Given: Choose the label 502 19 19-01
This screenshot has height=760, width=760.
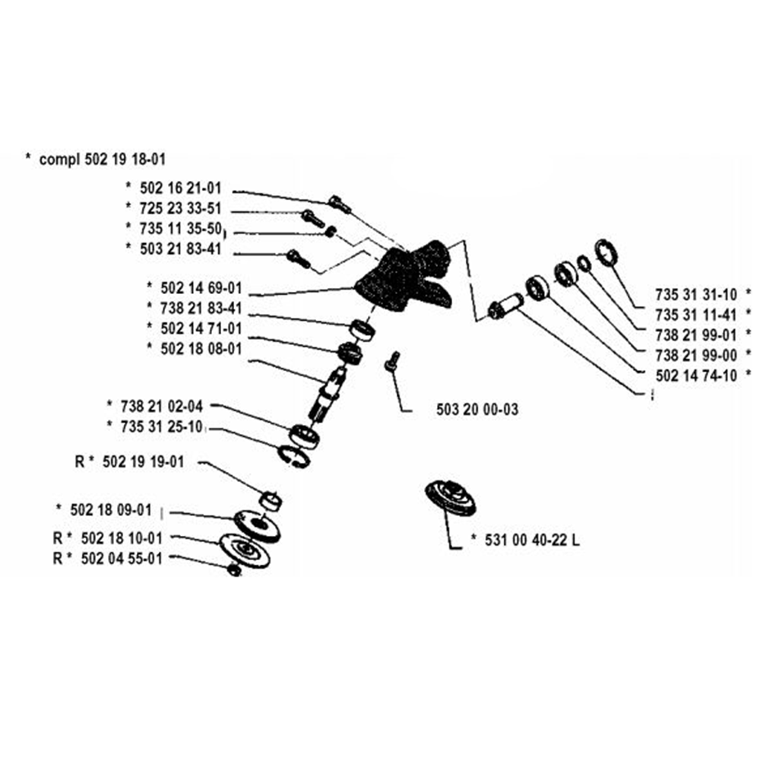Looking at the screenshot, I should (x=142, y=462).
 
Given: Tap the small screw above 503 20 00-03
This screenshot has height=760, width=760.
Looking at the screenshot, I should (x=393, y=360).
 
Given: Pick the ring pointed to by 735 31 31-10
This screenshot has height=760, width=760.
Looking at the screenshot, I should (x=606, y=252).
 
